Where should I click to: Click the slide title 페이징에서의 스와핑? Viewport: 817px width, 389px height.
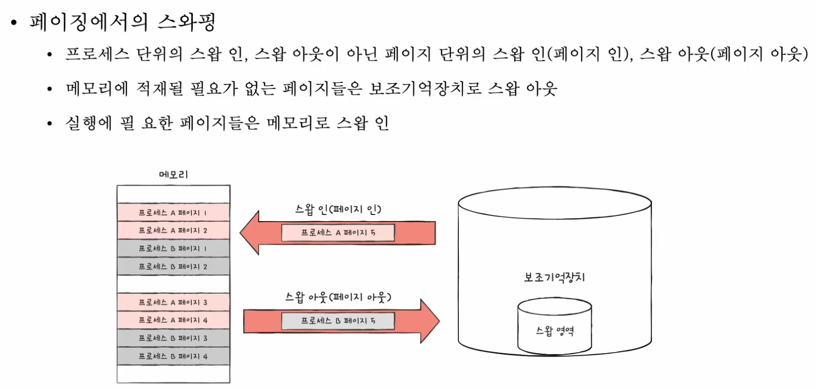tap(122, 22)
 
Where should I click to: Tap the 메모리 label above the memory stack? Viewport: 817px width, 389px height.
tap(173, 175)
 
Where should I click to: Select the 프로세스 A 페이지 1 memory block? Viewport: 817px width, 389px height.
tap(173, 212)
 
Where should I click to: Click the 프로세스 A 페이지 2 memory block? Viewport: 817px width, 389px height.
tap(173, 230)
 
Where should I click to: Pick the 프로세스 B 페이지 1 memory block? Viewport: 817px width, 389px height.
tap(173, 248)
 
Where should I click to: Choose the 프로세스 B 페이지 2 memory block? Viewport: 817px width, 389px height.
tap(173, 266)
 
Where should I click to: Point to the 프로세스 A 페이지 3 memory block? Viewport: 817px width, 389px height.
tap(173, 302)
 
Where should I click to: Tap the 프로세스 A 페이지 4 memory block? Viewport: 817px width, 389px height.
tap(173, 320)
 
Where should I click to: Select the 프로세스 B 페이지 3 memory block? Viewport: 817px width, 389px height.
tap(173, 338)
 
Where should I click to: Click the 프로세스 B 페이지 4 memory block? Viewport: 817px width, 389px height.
tap(173, 356)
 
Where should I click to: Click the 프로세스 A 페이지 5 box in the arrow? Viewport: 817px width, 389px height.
tap(338, 232)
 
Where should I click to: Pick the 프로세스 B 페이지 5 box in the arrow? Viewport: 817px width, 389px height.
tap(338, 321)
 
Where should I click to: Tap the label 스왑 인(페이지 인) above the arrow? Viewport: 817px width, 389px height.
tap(338, 209)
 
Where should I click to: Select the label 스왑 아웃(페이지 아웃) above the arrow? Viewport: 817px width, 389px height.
tap(338, 297)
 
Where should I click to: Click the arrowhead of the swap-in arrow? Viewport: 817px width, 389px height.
tap(250, 232)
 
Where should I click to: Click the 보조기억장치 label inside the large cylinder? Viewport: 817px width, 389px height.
tap(554, 277)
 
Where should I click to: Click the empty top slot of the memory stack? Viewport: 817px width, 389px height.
tap(173, 194)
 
